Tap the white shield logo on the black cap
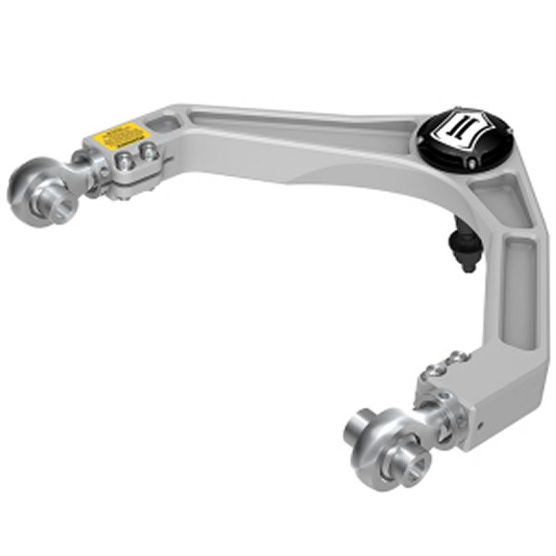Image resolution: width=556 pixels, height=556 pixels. [464, 129]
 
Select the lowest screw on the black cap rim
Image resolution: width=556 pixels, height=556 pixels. [474, 163]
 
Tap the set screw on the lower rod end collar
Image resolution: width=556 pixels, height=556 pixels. [446, 398]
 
